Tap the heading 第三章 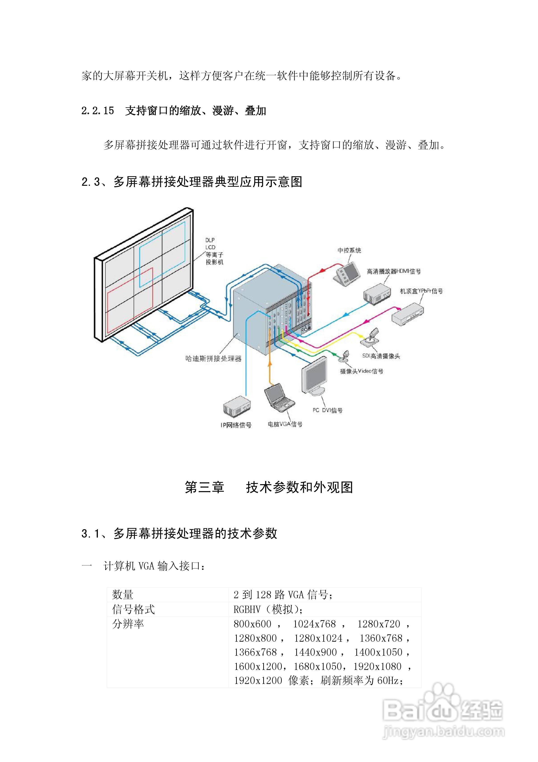coord(204,487)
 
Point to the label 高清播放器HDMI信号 coord(393,271)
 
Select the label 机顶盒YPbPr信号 coord(421,291)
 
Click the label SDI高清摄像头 coord(381,356)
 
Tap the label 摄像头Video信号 coord(361,371)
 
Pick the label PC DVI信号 coord(327,410)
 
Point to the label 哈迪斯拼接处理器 coord(213,358)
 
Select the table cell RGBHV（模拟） coord(268,609)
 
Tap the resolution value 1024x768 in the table coord(314,624)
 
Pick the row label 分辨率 coord(128,624)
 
